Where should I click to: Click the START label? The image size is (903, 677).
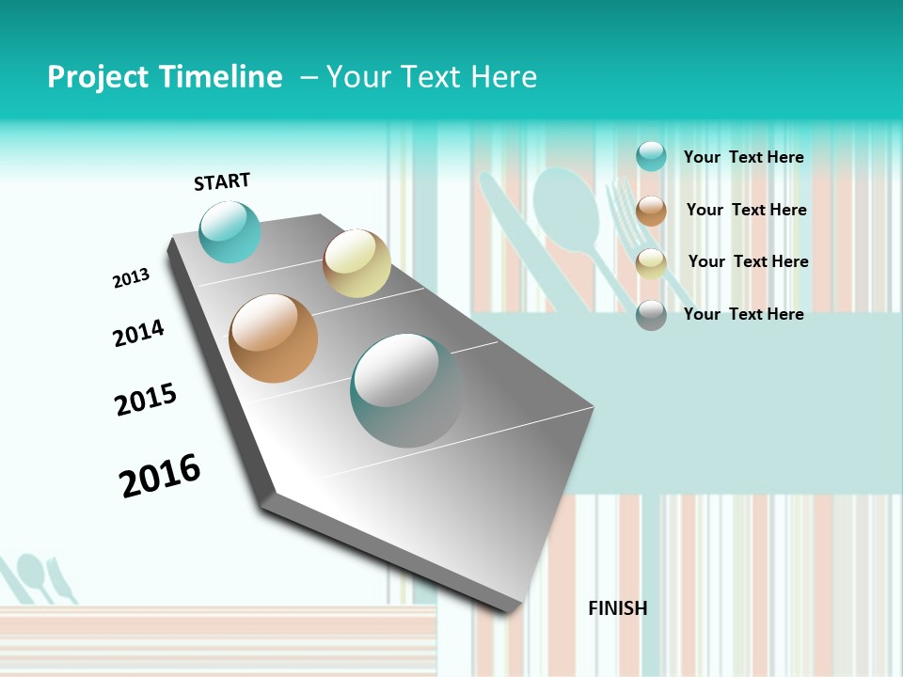coord(222,181)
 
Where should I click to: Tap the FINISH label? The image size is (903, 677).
coord(617,608)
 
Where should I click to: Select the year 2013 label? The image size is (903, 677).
coord(131,278)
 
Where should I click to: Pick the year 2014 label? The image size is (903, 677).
coord(138,333)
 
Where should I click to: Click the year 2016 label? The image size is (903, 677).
coord(160,475)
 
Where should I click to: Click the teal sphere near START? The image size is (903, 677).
coord(230,231)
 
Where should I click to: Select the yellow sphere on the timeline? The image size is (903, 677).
coord(356,263)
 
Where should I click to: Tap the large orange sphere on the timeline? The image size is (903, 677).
coord(273,338)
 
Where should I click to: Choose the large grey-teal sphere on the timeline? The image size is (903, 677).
coord(406,390)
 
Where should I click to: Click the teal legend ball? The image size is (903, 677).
coord(651,156)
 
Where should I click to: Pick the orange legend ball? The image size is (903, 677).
coord(651,211)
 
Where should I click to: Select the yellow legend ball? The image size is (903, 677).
coord(651,264)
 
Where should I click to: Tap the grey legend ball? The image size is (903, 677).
coord(651,315)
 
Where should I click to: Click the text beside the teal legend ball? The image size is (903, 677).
coord(743,157)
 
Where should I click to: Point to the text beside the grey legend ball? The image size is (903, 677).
coord(743,314)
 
